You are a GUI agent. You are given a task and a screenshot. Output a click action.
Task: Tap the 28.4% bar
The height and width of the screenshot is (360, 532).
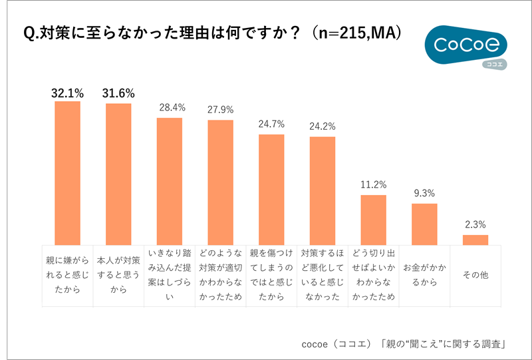tap(170, 181)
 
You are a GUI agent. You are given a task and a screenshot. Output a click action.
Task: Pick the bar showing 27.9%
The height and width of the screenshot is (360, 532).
tap(220, 182)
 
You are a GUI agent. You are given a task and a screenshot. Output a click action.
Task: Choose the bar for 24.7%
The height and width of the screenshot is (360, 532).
tap(271, 190)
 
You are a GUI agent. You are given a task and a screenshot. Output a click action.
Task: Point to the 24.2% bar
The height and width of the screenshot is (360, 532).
tap(323, 191)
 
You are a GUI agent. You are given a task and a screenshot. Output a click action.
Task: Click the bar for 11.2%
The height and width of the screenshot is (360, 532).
tap(374, 220)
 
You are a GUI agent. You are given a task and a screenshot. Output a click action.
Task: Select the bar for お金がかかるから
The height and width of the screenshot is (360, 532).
tap(424, 224)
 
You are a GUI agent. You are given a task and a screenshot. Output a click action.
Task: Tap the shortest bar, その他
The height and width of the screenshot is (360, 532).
tap(475, 240)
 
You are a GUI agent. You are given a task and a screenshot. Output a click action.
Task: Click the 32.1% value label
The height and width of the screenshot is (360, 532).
tap(67, 92)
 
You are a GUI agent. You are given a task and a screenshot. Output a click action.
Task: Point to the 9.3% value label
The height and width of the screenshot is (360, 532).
tap(424, 194)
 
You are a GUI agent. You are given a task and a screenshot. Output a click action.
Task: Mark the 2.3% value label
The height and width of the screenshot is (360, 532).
tap(475, 224)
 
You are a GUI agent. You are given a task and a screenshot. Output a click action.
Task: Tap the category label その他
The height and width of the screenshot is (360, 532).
tap(475, 274)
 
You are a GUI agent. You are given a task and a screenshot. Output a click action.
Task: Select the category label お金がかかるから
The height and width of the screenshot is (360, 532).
tap(424, 274)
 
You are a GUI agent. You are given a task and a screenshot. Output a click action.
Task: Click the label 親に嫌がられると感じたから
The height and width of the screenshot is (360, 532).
tap(67, 274)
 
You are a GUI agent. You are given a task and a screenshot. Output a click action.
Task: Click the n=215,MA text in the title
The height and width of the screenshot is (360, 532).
tap(360, 33)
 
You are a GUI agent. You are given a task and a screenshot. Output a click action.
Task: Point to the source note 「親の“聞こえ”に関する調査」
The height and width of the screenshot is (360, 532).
tap(445, 344)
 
